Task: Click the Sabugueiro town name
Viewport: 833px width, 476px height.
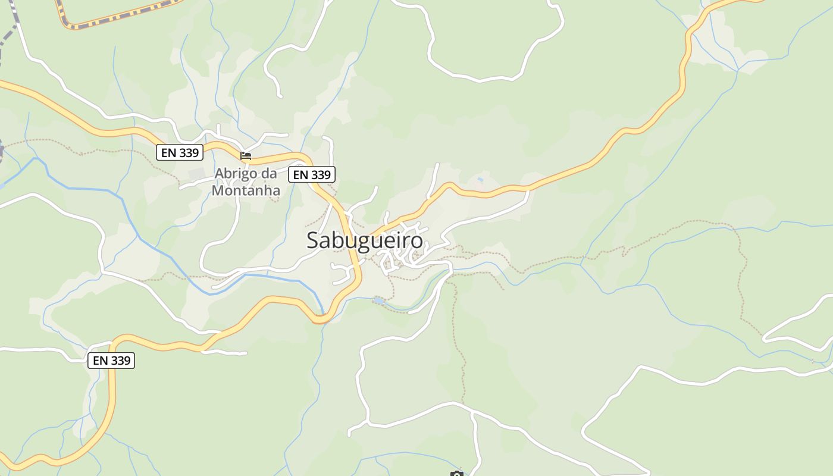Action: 365,240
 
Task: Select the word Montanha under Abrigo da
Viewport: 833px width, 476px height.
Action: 246,191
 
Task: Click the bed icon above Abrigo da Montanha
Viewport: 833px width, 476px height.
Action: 245,156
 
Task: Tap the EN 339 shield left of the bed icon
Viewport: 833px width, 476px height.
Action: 180,153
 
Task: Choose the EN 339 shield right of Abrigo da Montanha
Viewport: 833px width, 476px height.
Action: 312,174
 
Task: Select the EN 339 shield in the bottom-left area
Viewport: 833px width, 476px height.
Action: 111,361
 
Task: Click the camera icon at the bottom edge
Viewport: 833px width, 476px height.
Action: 456,474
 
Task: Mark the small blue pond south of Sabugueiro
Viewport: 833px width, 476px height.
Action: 378,301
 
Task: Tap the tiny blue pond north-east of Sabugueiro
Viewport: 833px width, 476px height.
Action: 480,179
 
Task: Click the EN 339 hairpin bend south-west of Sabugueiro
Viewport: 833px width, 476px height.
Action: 320,320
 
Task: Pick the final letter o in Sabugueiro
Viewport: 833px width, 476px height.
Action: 416,241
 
